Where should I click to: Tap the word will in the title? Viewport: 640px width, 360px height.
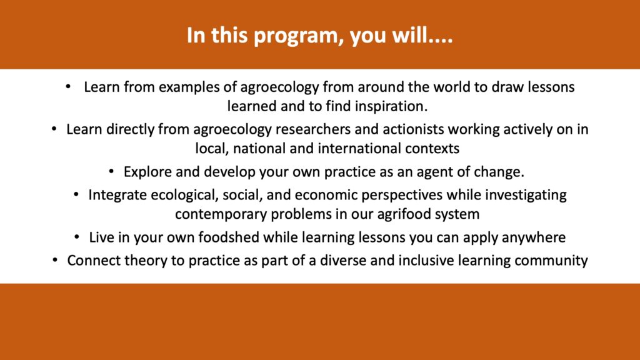pos(409,35)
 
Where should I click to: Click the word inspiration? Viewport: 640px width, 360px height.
pos(391,106)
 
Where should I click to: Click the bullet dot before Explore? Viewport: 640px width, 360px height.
pos(111,172)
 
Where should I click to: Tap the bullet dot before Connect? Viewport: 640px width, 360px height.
pos(55,261)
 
